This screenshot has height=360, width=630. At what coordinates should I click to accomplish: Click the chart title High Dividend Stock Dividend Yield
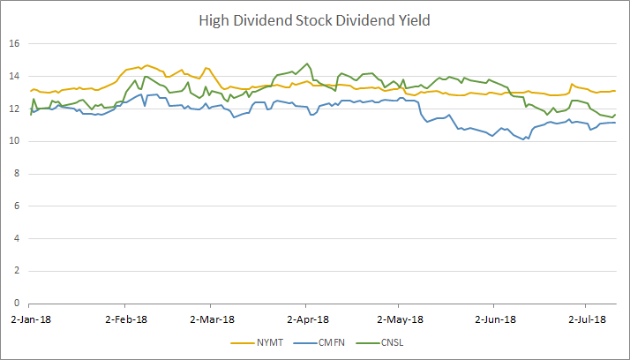click(314, 19)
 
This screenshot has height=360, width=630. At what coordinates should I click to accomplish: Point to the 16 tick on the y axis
click(15, 43)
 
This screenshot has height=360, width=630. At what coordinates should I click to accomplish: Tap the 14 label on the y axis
click(15, 76)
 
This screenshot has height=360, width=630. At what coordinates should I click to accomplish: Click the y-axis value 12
click(15, 109)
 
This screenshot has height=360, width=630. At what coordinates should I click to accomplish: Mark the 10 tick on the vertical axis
click(15, 141)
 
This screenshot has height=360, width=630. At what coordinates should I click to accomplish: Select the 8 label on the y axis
click(18, 174)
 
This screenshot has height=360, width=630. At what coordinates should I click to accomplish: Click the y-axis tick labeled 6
click(18, 206)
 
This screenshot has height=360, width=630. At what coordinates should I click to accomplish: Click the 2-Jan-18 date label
click(30, 319)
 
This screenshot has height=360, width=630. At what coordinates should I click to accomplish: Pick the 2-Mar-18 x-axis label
click(213, 319)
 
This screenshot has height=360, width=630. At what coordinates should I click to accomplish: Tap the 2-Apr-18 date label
click(306, 319)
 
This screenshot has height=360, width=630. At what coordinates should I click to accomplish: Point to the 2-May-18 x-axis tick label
click(399, 319)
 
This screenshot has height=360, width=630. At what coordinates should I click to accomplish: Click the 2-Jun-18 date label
click(492, 319)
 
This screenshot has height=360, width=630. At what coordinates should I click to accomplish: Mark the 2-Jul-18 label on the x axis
click(584, 319)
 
